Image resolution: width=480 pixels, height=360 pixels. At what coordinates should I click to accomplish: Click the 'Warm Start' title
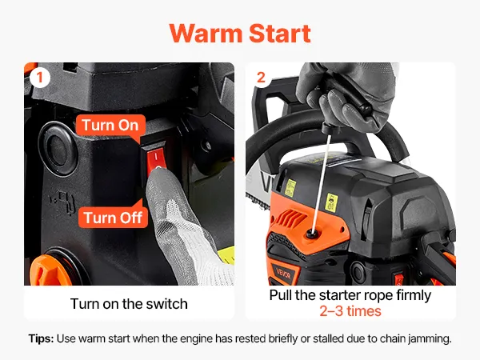tap(240, 33)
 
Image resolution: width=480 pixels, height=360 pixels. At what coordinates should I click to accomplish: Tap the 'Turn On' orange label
tap(110, 126)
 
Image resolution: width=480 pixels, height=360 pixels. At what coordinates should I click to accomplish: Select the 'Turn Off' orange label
tap(113, 218)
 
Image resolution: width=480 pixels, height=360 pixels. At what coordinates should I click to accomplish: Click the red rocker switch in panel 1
tap(156, 158)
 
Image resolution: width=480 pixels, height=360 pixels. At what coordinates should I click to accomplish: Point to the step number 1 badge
tap(40, 78)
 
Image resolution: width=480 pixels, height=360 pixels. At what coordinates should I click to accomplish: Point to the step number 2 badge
tap(261, 78)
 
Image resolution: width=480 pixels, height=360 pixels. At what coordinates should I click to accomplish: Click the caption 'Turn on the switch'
tap(129, 304)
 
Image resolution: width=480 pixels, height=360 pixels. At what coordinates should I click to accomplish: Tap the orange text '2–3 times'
tap(350, 311)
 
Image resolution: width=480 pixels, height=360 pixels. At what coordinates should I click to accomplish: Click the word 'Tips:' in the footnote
tap(41, 339)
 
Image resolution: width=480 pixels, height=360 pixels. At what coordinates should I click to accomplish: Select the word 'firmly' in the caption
tap(414, 296)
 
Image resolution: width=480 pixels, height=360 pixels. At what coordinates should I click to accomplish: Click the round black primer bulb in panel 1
tap(58, 149)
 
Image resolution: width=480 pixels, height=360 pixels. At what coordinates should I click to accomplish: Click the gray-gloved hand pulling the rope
tap(346, 98)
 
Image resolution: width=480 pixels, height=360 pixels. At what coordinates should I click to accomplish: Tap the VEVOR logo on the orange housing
tap(283, 274)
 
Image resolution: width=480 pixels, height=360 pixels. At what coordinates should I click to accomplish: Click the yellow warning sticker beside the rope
tap(331, 202)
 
